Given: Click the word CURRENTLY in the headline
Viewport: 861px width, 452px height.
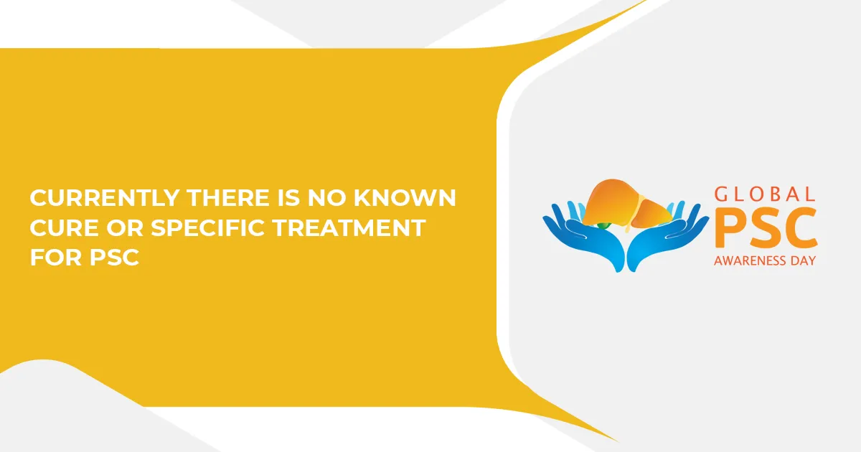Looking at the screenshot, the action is coord(105,198).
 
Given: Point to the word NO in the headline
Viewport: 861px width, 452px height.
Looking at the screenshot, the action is coord(326,198).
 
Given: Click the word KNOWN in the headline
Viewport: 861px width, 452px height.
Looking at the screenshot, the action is coord(405,198).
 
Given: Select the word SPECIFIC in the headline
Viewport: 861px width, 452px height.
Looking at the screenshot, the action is coord(208,228).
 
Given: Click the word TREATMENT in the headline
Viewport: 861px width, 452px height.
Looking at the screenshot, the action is coord(349,228).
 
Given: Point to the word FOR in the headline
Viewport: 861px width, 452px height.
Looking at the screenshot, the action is coord(56,258).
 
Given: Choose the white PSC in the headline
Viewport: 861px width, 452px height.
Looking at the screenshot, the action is coord(114,258).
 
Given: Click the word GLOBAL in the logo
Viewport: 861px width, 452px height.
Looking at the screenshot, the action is coord(765,194).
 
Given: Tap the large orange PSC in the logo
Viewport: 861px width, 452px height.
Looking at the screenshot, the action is coord(766,228).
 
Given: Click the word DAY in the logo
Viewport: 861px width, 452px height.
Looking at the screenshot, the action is coord(803,261).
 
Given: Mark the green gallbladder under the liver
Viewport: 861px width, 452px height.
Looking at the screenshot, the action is coord(604,225).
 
